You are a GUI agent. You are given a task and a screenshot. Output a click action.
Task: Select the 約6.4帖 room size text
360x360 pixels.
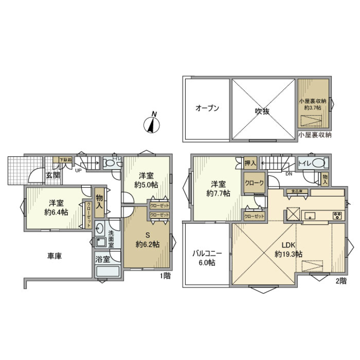[56, 212]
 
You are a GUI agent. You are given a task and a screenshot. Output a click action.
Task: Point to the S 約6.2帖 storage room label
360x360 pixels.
[147, 240]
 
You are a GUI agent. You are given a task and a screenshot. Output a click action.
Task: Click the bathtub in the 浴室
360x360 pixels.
[108, 271]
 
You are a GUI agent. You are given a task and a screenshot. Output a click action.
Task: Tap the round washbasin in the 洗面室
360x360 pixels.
[99, 227]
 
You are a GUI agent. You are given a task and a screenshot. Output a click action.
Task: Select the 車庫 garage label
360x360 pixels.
[54, 256]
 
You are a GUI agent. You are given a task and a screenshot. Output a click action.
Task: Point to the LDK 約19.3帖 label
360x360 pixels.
[288, 250]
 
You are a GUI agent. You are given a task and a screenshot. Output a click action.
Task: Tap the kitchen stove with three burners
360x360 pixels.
[337, 216]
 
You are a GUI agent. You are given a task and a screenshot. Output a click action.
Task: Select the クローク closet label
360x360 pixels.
[254, 183]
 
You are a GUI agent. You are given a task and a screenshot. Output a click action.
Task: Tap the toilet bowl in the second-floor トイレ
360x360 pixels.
[318, 163]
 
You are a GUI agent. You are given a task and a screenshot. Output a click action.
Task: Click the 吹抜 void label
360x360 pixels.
[263, 111]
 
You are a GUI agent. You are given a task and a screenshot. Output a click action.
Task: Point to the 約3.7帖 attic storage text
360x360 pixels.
[313, 107]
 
